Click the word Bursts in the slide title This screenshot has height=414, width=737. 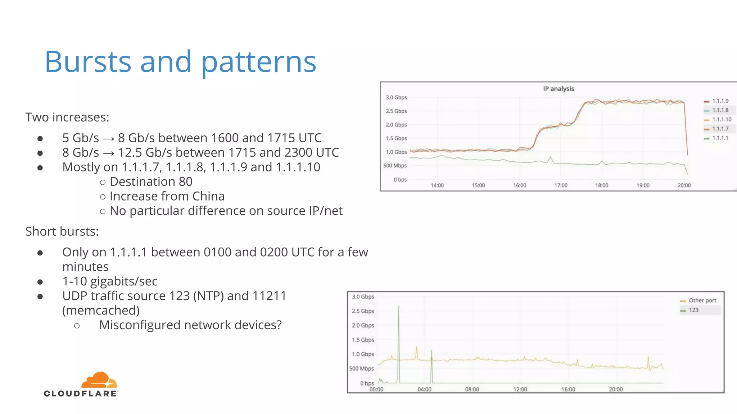[87, 62]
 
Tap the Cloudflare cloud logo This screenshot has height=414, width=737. [99, 380]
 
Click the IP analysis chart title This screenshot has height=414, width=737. [558, 89]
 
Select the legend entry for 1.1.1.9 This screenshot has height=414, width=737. [720, 101]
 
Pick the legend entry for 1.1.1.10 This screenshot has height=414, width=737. [721, 119]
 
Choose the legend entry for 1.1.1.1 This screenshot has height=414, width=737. [720, 138]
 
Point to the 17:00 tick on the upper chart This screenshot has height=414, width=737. [561, 185]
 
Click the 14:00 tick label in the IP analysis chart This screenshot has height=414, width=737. [437, 185]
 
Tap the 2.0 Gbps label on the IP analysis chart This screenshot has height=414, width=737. [396, 125]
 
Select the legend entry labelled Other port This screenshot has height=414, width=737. [702, 300]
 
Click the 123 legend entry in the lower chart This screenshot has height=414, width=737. [693, 310]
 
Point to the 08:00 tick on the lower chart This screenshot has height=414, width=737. [472, 390]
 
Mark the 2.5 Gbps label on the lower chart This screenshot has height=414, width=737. [363, 311]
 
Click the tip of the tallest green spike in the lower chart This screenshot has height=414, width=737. [398, 306]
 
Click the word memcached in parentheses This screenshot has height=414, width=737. [101, 310]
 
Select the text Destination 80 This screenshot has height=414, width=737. [151, 182]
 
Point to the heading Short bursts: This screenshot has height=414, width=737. [62, 231]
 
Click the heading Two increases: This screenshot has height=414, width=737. [67, 117]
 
